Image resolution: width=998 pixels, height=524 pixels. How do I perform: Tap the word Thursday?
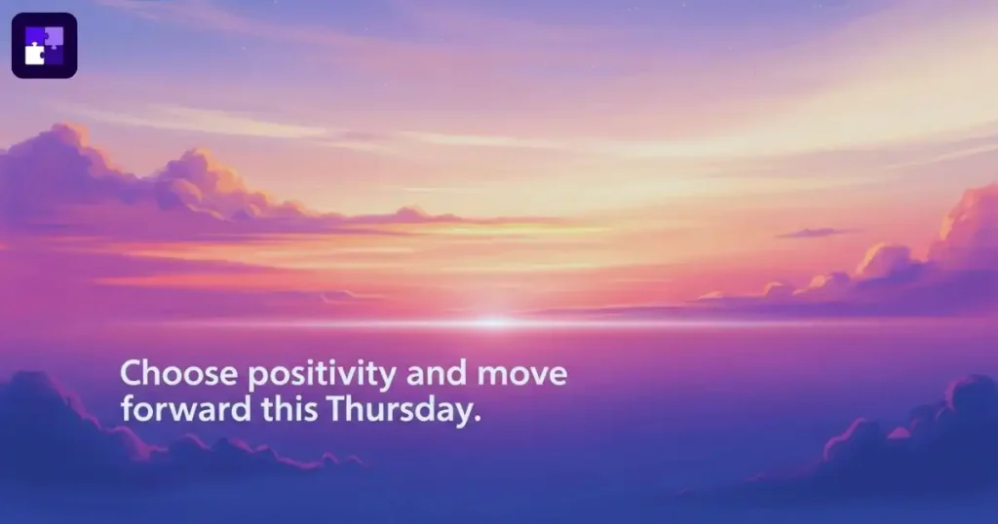(x=402, y=410)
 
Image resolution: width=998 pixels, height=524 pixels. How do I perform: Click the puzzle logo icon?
(x=44, y=45)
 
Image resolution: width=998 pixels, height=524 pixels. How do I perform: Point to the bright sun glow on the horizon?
(x=494, y=320)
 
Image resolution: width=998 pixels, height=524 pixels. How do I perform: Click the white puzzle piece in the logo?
(x=35, y=54)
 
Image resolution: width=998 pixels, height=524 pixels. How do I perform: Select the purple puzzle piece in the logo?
(x=53, y=37)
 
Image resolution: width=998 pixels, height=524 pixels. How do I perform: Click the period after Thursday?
(x=478, y=418)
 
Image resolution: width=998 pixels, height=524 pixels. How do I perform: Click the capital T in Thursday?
(x=335, y=408)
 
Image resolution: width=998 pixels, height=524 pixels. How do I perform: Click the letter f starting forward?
(x=128, y=408)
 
